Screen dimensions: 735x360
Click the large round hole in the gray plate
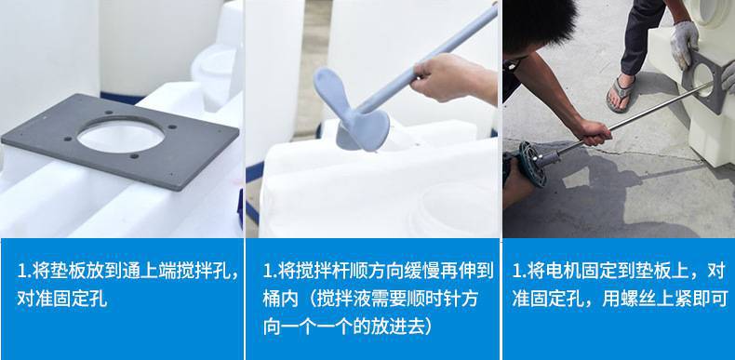point(120,136)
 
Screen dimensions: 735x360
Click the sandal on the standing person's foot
point(621,93)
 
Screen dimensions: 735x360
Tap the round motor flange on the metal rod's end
point(533,164)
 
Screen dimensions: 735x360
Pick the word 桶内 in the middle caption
point(280,299)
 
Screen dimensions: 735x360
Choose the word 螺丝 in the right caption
point(638,299)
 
